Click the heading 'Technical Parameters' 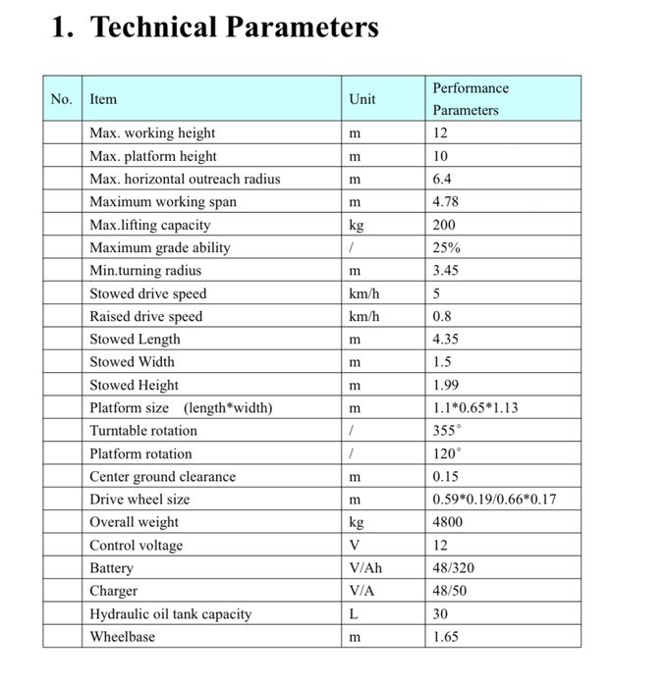(234, 27)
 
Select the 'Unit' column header (361, 99)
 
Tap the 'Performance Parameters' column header (471, 99)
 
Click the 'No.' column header (62, 99)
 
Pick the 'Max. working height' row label (152, 133)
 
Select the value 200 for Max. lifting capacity (444, 225)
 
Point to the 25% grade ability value (446, 247)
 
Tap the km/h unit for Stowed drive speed (363, 293)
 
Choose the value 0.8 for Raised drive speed (443, 316)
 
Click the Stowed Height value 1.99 (446, 385)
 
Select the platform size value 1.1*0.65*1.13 (475, 407)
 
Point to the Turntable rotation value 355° (446, 431)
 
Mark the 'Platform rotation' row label (140, 453)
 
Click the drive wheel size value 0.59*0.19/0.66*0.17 (494, 500)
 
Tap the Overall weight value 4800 (447, 522)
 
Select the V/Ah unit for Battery (364, 568)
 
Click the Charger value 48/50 (450, 591)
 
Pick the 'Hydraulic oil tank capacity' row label (171, 614)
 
